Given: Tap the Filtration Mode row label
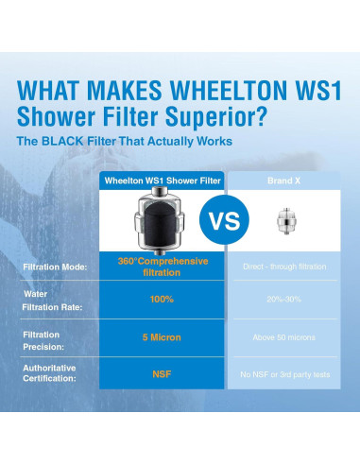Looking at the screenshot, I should click(x=56, y=267).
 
